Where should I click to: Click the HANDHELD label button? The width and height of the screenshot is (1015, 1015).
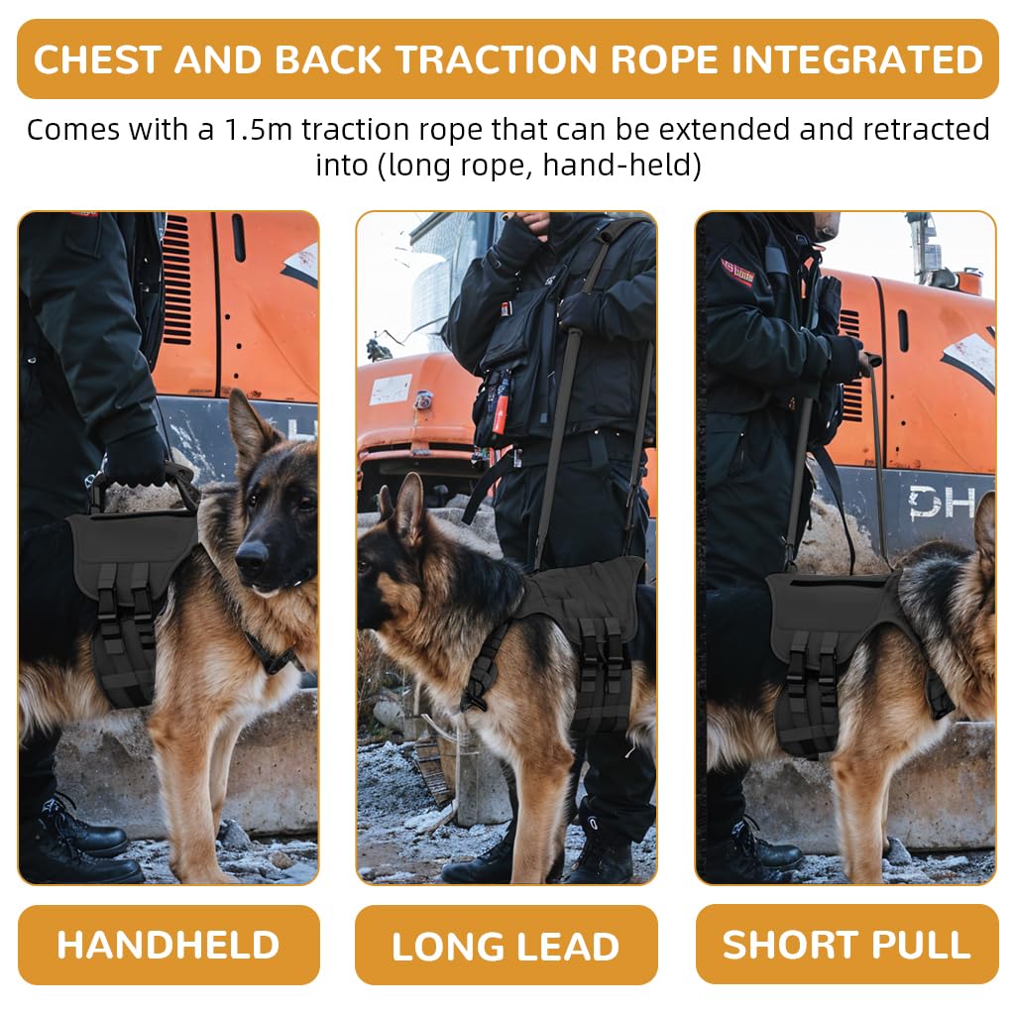click(x=169, y=945)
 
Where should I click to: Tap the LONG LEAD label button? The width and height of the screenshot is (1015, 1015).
click(x=506, y=946)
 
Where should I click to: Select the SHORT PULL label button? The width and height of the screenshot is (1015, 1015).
click(x=846, y=945)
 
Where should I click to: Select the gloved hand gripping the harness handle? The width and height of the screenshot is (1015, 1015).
click(x=137, y=458)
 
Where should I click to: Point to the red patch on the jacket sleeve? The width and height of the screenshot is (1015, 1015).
click(x=736, y=273)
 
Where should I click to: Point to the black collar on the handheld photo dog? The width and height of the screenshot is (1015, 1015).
click(x=273, y=654)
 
